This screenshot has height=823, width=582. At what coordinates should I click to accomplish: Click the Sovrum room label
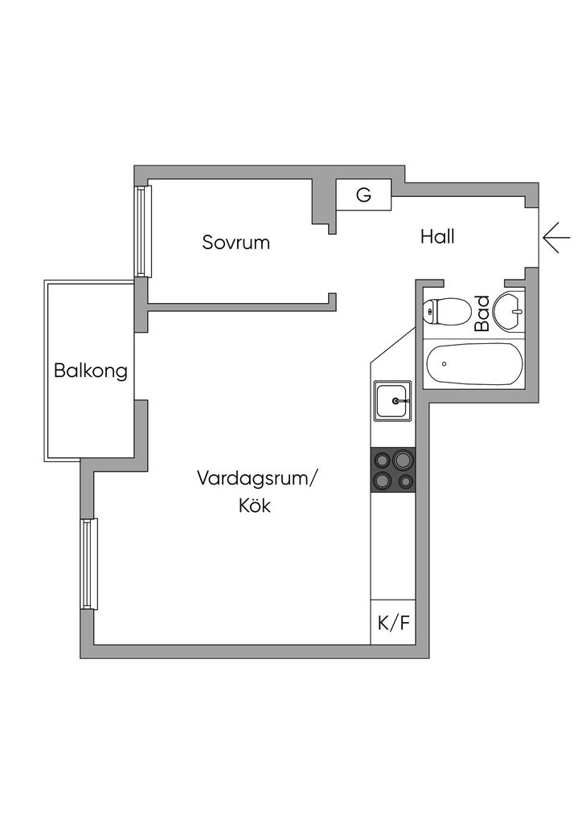tap(236, 242)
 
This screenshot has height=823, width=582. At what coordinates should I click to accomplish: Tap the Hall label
tap(437, 237)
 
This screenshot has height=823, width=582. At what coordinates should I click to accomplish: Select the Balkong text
tap(91, 371)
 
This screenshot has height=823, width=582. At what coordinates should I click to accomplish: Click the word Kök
tap(254, 506)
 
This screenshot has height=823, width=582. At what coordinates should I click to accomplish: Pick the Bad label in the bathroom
tap(482, 314)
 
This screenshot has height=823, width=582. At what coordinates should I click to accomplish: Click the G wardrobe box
tap(363, 195)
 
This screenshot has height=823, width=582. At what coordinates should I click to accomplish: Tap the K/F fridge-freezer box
tap(392, 623)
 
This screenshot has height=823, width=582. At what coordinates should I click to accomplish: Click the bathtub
tap(474, 364)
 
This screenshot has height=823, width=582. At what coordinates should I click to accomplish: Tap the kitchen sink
tap(392, 400)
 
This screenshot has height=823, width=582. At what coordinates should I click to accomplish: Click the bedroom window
tap(143, 231)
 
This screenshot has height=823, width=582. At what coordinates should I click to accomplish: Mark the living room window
tap(88, 563)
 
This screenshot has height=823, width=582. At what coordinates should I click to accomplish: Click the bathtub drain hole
tap(444, 364)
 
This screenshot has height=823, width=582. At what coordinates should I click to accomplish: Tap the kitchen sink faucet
tap(404, 399)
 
